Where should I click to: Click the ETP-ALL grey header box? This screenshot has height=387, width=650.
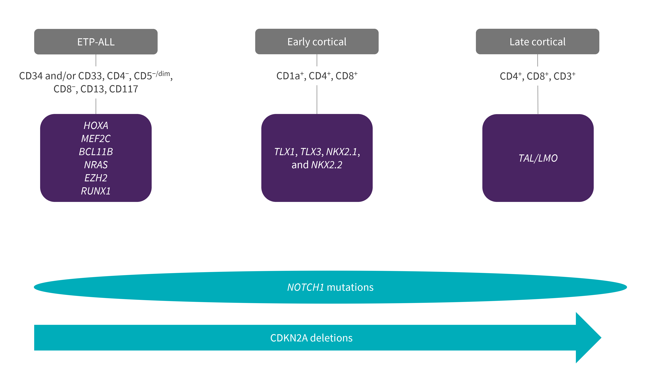click(x=96, y=42)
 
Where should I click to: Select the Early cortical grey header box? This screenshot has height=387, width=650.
click(x=317, y=42)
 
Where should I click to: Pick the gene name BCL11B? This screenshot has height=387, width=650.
click(x=96, y=152)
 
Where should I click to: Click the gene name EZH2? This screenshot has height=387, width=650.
click(x=96, y=178)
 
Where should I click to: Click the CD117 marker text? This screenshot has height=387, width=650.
click(x=124, y=89)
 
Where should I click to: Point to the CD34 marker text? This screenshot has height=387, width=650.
click(x=30, y=76)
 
